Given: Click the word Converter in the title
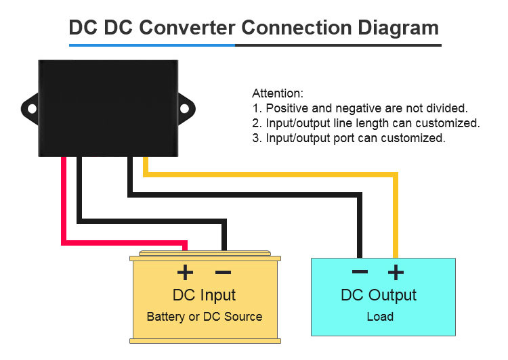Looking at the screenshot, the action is coord(187,27).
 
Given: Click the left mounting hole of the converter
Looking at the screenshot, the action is coord(32,108).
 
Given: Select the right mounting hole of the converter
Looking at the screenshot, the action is coord(184,108).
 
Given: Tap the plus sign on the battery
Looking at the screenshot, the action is coord(185,272).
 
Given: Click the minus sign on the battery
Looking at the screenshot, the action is coord(224,272).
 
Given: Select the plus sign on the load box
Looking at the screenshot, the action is coord(396,272).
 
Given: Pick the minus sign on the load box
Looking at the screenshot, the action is coord(360,272).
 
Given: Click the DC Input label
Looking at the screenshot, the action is coord(204,295).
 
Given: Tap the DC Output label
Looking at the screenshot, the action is coord(379,295).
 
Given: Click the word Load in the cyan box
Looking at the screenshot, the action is coord(380,316).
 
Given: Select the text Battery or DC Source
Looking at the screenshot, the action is coord(205,317).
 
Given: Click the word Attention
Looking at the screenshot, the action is coord(278,93).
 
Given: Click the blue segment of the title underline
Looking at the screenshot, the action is coord(152,45).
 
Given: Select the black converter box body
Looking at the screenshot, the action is coord(108,108).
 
